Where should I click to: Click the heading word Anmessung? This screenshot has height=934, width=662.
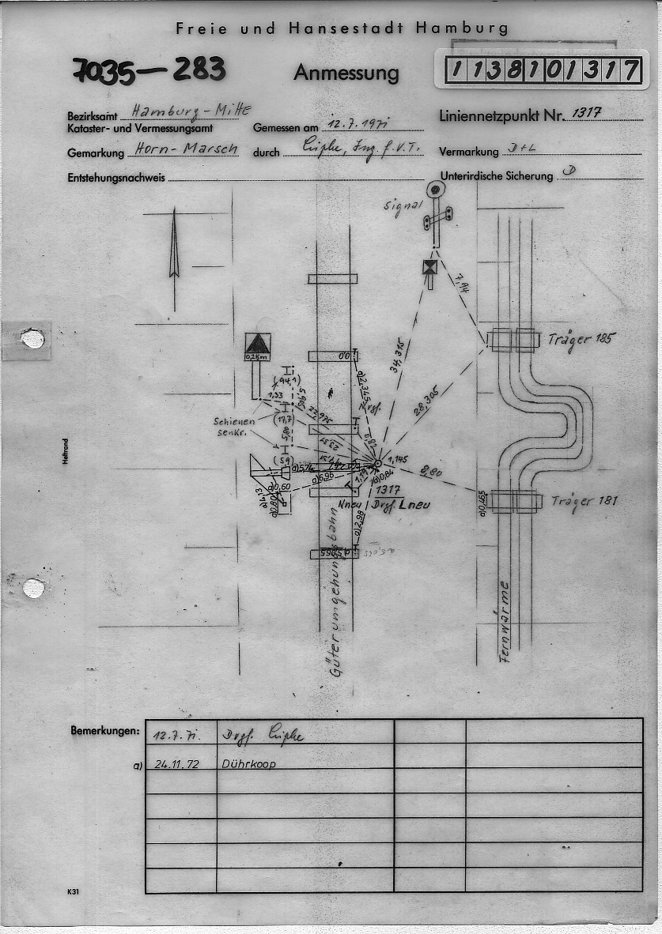(x=346, y=73)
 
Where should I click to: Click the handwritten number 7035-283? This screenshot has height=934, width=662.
(x=149, y=70)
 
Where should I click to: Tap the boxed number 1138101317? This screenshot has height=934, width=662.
(x=542, y=70)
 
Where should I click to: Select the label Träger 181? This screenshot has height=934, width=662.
(x=584, y=500)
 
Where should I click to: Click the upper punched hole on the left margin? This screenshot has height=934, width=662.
(x=32, y=338)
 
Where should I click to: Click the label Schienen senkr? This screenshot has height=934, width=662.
(x=233, y=427)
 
